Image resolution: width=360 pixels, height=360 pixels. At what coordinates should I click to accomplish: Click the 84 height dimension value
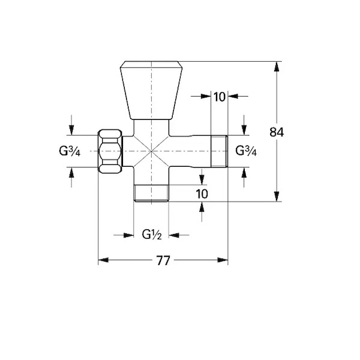pyautogui.click(x=277, y=132)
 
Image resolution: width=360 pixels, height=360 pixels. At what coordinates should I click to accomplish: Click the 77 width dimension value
pyautogui.click(x=163, y=260)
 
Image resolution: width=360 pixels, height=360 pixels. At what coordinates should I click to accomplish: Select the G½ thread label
pyautogui.click(x=152, y=235)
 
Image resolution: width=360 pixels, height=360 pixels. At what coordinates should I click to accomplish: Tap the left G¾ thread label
pyautogui.click(x=70, y=151)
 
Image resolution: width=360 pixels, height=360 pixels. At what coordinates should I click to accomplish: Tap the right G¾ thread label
pyautogui.click(x=246, y=151)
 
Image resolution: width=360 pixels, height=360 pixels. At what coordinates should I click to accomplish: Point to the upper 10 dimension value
pyautogui.click(x=220, y=97)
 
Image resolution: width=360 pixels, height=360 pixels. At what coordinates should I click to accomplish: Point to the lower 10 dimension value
pyautogui.click(x=202, y=194)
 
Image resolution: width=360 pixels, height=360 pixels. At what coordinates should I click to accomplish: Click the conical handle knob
pyautogui.click(x=151, y=90)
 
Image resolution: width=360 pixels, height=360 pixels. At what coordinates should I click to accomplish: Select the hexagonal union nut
pyautogui.click(x=110, y=151)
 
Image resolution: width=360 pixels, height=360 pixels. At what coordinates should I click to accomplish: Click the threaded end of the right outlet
pyautogui.click(x=219, y=151)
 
